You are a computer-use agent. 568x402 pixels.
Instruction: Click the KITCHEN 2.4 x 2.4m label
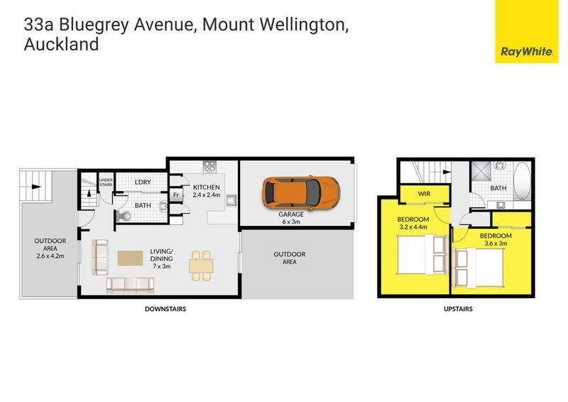click(207, 190)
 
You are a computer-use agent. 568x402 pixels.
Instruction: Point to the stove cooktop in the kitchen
click(210, 168)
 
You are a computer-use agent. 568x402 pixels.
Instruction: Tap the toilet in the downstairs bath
click(125, 215)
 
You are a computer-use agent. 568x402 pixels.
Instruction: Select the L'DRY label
click(143, 183)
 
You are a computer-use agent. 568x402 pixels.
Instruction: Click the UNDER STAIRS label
click(106, 183)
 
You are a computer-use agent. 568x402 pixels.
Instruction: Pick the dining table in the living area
click(200, 265)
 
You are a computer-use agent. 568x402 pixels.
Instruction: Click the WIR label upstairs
click(425, 192)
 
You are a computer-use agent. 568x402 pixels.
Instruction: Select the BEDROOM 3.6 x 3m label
click(495, 239)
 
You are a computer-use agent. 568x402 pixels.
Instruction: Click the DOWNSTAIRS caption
click(165, 309)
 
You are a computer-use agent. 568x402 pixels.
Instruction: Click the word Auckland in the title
click(61, 44)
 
